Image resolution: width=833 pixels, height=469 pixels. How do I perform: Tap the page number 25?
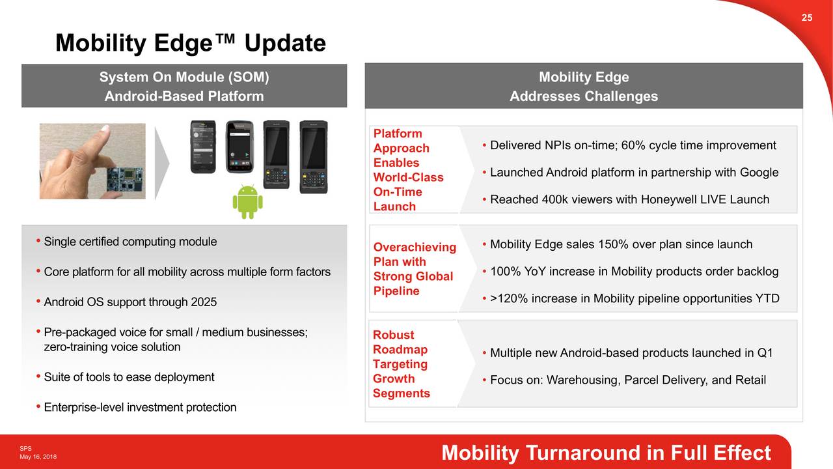pyautogui.click(x=806, y=18)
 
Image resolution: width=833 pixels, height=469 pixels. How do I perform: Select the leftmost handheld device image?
pyautogui.click(x=203, y=147)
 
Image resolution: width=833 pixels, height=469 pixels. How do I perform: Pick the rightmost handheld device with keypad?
pyautogui.click(x=314, y=156)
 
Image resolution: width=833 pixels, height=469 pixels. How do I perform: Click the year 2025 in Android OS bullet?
pyautogui.click(x=204, y=302)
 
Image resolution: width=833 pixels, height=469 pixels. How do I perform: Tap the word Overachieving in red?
pyautogui.click(x=415, y=247)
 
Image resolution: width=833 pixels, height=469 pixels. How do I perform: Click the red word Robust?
pyautogui.click(x=393, y=335)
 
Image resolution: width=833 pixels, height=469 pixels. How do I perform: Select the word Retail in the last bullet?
pyautogui.click(x=750, y=380)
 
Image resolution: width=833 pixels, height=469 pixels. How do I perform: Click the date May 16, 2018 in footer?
pyautogui.click(x=38, y=457)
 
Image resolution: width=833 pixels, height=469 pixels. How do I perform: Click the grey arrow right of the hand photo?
pyautogui.click(x=161, y=162)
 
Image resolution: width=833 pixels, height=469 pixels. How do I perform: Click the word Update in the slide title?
pyautogui.click(x=285, y=44)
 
